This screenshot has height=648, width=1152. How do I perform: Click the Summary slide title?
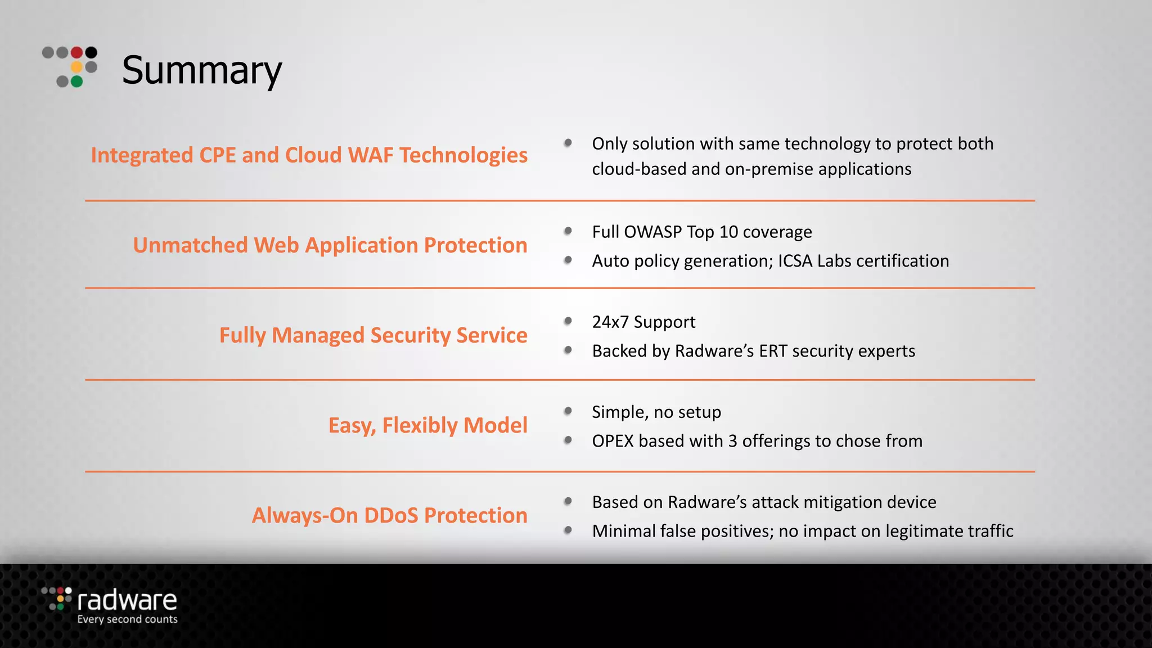coord(201,70)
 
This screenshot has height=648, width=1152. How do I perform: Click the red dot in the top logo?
coord(77,53)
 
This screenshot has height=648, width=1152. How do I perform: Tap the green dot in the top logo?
coord(77,82)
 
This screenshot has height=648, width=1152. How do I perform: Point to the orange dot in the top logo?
coord(77,67)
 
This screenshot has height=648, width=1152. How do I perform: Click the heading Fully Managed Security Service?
coord(373,335)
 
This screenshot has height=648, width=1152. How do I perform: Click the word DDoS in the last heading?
coord(391,515)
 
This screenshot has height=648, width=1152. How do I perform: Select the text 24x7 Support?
coord(643,322)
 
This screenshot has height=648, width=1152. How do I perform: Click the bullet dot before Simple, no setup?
coord(568,411)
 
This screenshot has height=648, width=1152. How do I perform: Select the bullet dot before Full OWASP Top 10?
coord(568,231)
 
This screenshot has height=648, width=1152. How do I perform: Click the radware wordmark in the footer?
coord(127,601)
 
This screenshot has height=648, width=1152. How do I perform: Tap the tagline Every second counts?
coord(127,619)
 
